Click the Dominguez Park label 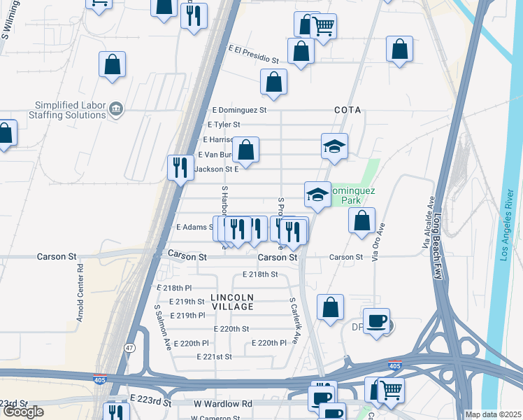pyautogui.click(x=354, y=195)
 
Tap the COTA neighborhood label pyautogui.click(x=348, y=111)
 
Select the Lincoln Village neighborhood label pyautogui.click(x=232, y=302)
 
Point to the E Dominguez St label pyautogui.click(x=239, y=110)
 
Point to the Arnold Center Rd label pyautogui.click(x=80, y=293)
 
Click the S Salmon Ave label pyautogui.click(x=163, y=327)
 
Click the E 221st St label pyautogui.click(x=213, y=357)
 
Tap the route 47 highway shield pyautogui.click(x=129, y=348)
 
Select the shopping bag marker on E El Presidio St pyautogui.click(x=301, y=51)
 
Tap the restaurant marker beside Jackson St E pyautogui.click(x=181, y=167)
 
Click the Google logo pyautogui.click(x=23, y=412)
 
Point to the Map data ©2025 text pyautogui.click(x=493, y=414)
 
